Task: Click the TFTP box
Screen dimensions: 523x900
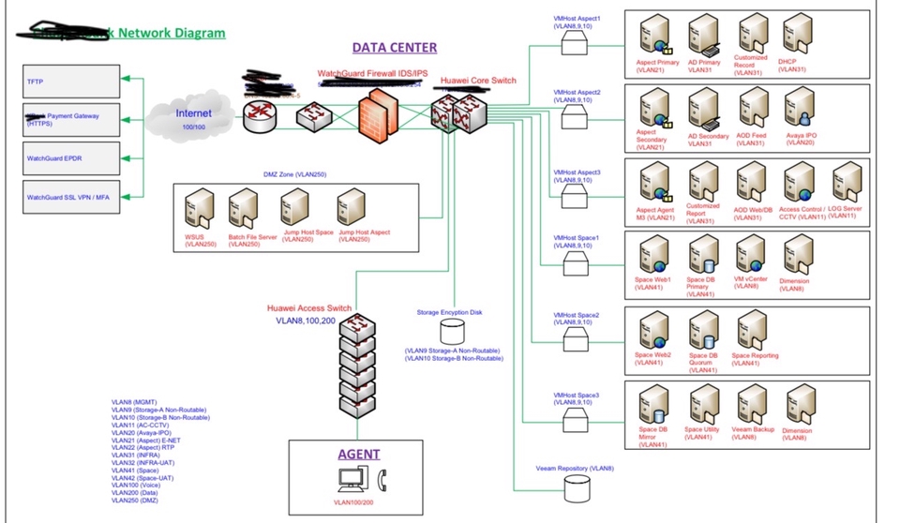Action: (x=71, y=82)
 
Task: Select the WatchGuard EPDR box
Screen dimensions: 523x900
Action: (x=71, y=158)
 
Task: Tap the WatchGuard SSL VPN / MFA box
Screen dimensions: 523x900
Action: (x=71, y=197)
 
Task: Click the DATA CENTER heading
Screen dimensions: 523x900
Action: (x=394, y=47)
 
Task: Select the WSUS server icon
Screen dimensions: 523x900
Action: (x=200, y=208)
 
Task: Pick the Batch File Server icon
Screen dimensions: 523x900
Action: (x=243, y=208)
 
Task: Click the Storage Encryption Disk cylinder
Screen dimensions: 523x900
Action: (x=453, y=331)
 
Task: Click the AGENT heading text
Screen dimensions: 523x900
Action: (x=359, y=454)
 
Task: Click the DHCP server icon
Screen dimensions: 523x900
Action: (x=795, y=35)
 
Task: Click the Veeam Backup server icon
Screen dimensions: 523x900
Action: (x=749, y=407)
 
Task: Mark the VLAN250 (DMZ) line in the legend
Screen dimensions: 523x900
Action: (x=137, y=500)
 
